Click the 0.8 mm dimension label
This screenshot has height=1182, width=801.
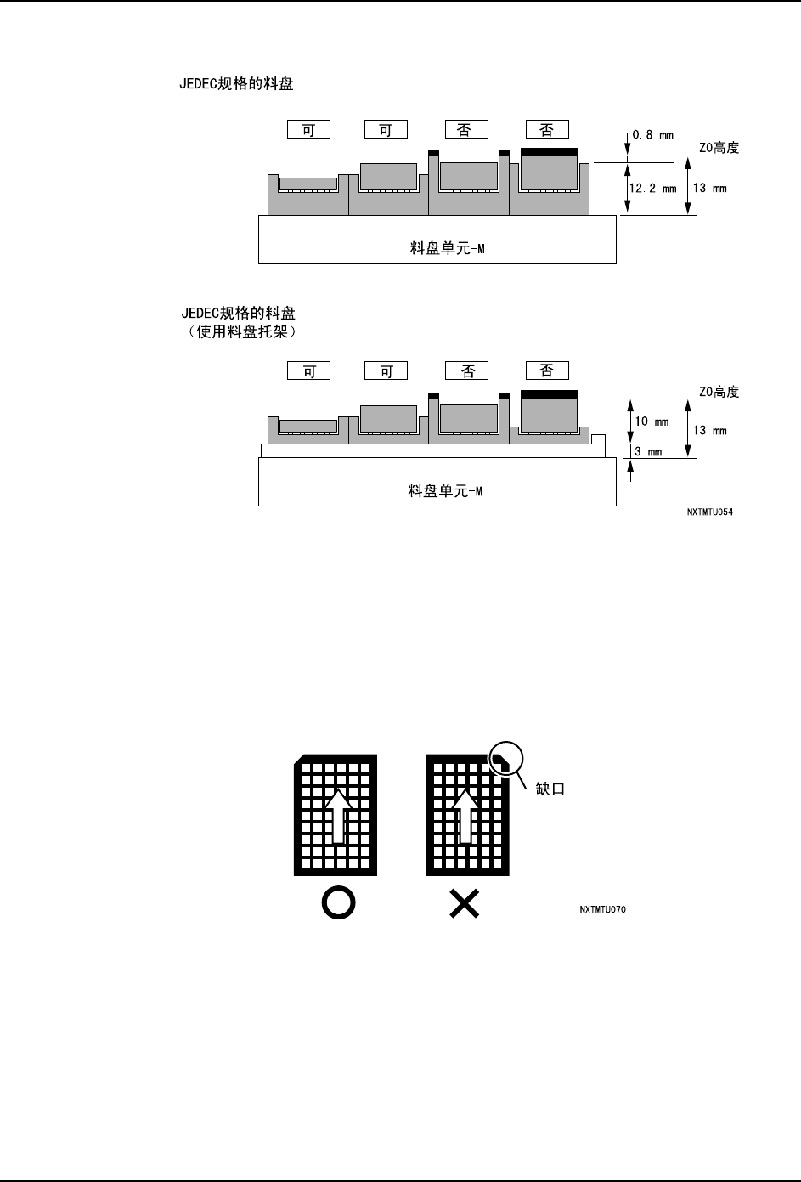pos(652,135)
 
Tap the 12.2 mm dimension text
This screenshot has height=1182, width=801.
pos(652,189)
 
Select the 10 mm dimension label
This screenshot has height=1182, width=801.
pos(652,421)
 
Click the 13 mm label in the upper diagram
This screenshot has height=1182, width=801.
pos(710,188)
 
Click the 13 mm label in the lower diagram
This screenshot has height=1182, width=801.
pos(710,431)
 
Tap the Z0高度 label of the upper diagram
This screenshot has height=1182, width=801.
pos(719,148)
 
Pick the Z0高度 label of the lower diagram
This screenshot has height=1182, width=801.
pos(719,392)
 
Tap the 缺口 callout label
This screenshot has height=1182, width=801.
pos(550,789)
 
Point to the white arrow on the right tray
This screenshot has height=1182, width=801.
pos(464,815)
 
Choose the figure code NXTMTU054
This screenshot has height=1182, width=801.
pos(710,514)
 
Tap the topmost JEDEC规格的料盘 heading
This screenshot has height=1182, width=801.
pos(237,86)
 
